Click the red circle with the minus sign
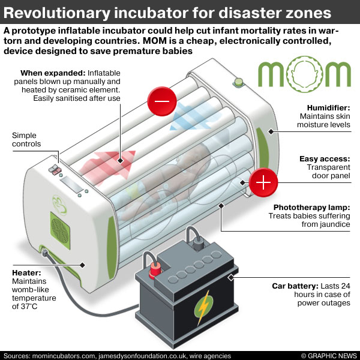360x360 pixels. coord(163,101)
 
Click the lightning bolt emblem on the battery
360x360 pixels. coord(202,304)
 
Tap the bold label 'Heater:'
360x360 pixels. coord(26,272)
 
